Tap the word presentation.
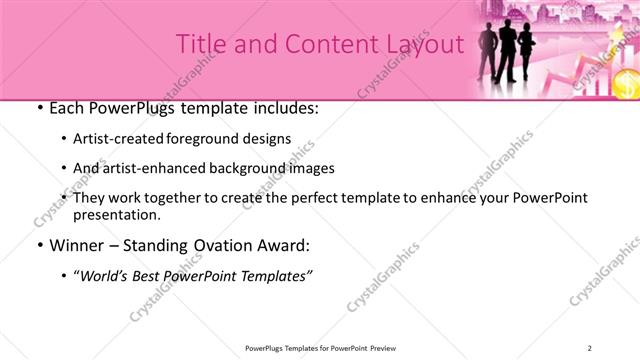coord(117,214)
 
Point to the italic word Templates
coord(274,275)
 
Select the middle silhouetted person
coord(507,52)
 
